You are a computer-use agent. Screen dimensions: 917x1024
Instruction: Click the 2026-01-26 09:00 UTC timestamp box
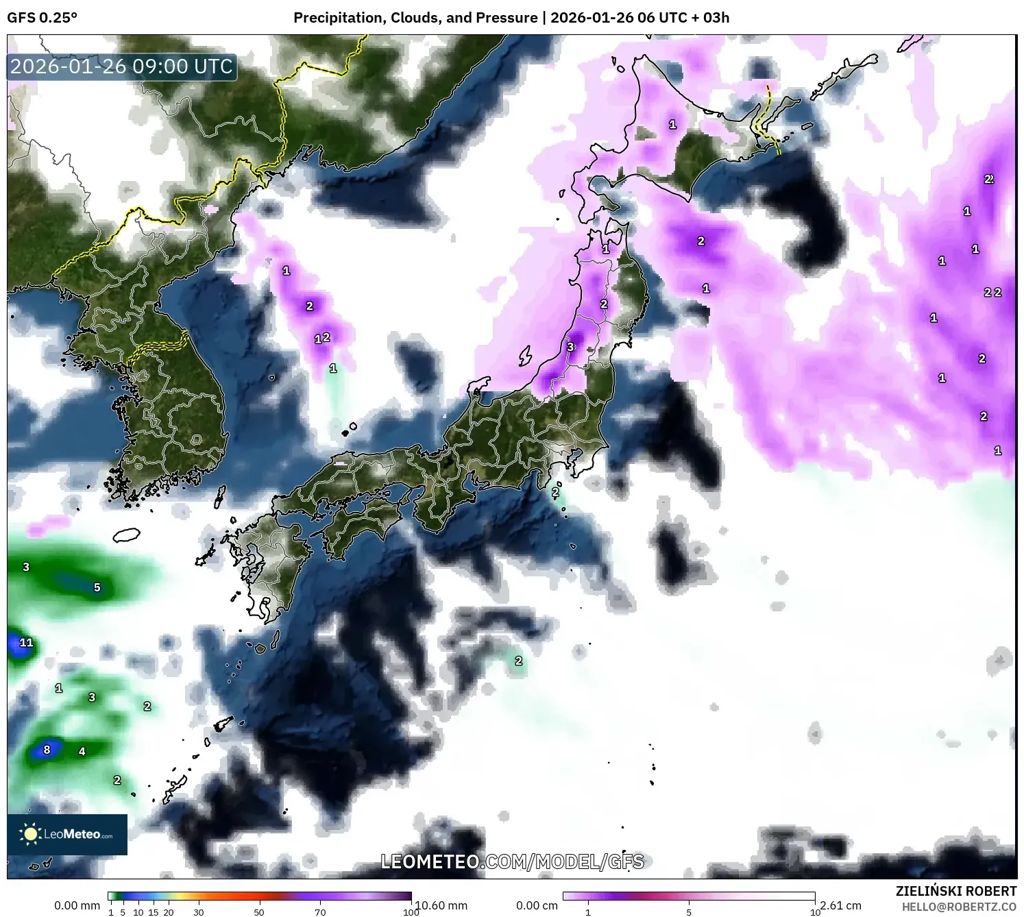[x=122, y=67]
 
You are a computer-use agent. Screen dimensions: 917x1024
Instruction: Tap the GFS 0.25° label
[x=42, y=18]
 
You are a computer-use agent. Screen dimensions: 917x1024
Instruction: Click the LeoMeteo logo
[x=67, y=834]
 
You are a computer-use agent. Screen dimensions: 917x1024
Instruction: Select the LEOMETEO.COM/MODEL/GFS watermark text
[x=512, y=861]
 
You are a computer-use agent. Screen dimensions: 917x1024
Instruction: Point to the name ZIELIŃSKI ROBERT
[x=955, y=891]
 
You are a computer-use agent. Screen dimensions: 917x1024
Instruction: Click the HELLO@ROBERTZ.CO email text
[x=958, y=907]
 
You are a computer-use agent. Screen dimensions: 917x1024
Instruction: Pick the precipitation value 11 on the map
[x=26, y=642]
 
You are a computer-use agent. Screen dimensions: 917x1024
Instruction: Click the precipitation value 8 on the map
[x=47, y=749]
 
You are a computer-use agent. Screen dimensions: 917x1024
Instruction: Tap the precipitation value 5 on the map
[x=97, y=587]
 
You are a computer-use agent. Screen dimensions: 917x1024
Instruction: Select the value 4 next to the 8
[x=82, y=751]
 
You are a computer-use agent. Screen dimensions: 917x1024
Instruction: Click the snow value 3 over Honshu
[x=570, y=347]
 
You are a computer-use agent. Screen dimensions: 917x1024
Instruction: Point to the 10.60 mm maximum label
[x=442, y=905]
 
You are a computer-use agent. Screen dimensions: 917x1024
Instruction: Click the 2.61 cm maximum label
[x=840, y=905]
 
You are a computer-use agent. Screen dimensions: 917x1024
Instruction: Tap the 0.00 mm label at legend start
[x=77, y=905]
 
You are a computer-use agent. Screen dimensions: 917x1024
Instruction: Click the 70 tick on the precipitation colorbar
[x=320, y=912]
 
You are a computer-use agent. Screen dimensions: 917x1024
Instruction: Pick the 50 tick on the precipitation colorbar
[x=259, y=912]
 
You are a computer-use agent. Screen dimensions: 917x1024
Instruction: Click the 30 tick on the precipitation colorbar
[x=199, y=912]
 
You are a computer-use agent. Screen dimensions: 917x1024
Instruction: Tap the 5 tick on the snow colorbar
[x=689, y=912]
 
